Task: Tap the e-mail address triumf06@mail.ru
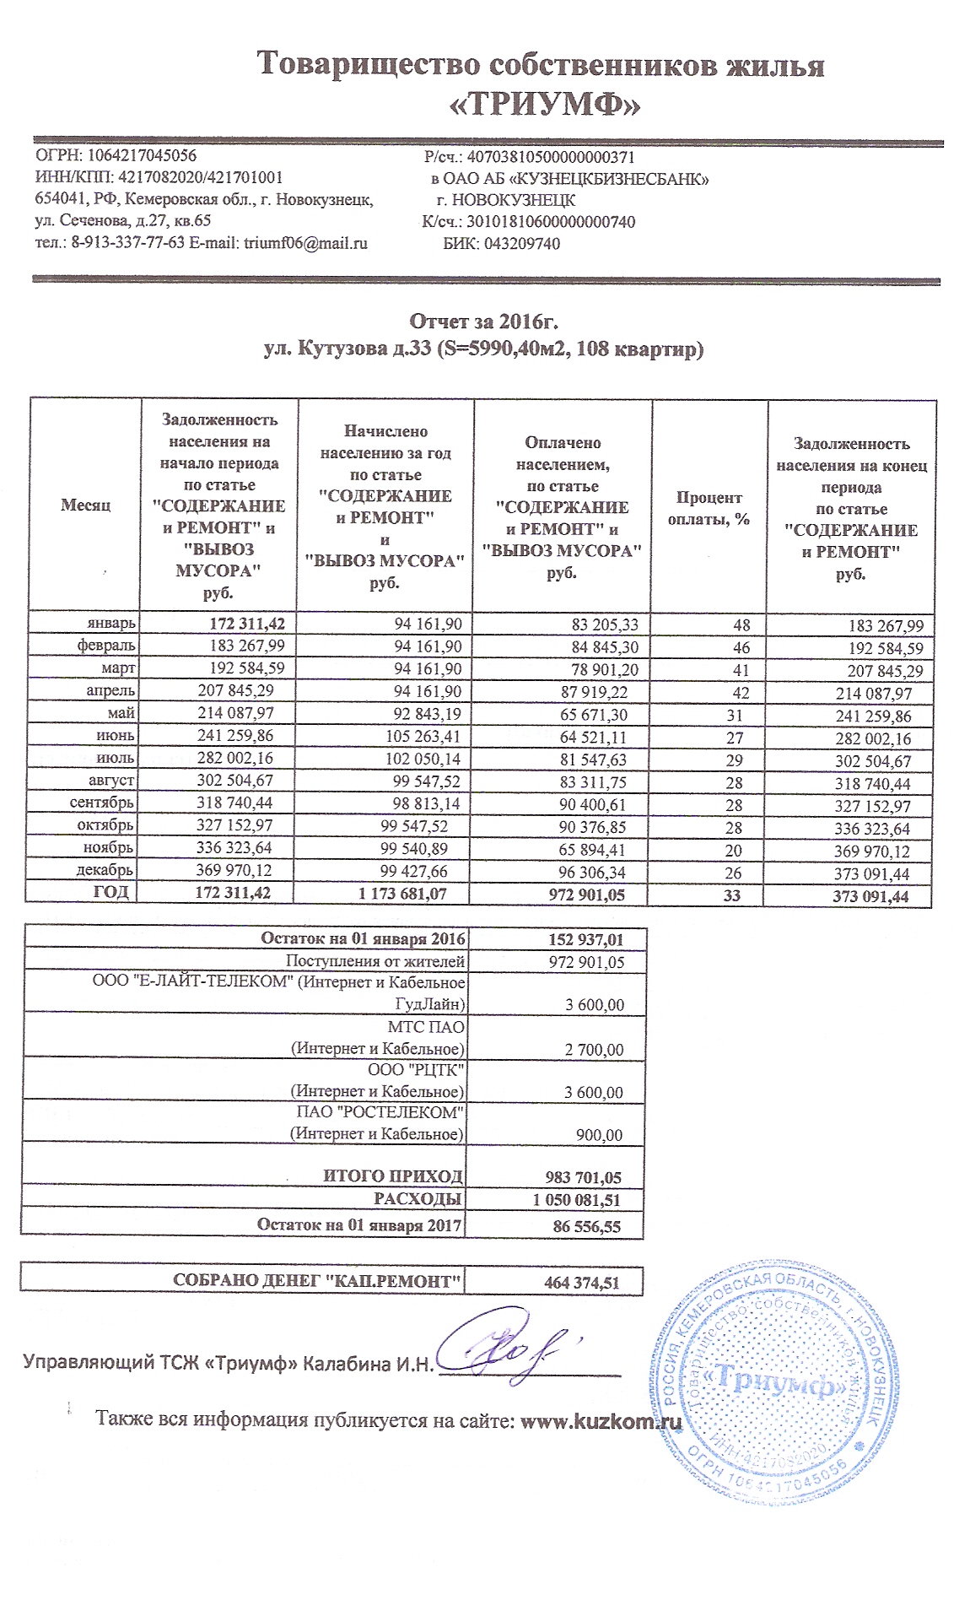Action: pos(306,244)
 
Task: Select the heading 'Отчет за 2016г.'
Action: pos(484,322)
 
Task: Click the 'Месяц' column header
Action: pos(85,505)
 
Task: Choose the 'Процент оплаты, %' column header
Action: pos(709,509)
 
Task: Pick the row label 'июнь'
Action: pos(115,736)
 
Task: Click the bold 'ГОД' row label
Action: pos(110,892)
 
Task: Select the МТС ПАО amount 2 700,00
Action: pos(595,1050)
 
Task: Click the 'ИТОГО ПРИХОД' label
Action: pos(393,1176)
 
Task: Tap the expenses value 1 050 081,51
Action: pos(578,1200)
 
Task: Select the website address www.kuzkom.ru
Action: pos(601,1420)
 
